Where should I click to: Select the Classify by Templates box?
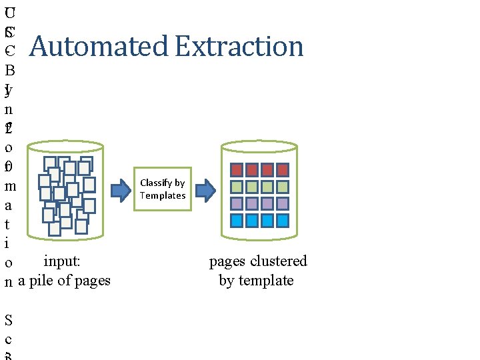click(163, 189)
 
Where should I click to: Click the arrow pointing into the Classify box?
click(121, 191)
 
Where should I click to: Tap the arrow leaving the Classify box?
click(205, 191)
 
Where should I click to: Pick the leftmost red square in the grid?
click(235, 169)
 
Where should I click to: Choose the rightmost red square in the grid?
click(283, 169)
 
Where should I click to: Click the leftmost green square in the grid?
click(235, 187)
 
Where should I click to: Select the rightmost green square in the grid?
click(283, 187)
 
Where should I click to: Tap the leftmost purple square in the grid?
click(235, 203)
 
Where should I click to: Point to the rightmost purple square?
click(283, 203)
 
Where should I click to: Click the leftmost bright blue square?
click(235, 221)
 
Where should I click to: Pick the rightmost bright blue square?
click(283, 221)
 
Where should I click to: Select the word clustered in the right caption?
click(277, 261)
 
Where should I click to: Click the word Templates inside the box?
click(163, 195)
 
